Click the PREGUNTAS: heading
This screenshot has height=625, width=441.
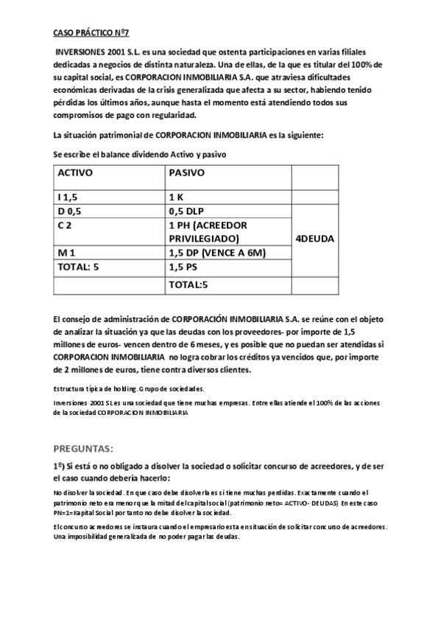[x=83, y=447]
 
